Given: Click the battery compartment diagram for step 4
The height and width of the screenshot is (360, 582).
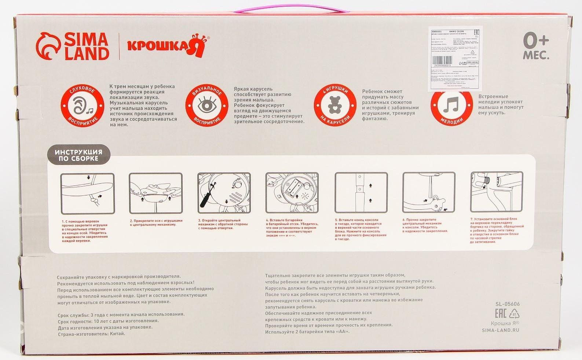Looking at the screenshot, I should pyautogui.click(x=292, y=194).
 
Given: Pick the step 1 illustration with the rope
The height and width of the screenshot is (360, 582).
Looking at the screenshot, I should pyautogui.click(x=87, y=194).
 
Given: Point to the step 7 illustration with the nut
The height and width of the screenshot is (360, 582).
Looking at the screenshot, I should pyautogui.click(x=497, y=194).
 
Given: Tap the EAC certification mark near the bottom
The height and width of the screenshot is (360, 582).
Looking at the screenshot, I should pyautogui.click(x=501, y=314).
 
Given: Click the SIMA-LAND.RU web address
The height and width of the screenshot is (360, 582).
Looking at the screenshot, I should pyautogui.click(x=501, y=330).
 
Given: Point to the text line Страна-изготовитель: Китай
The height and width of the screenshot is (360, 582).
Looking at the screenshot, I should pyautogui.click(x=91, y=334).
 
